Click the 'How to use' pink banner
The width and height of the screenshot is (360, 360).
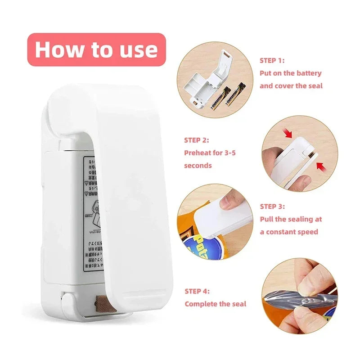click(x=96, y=49)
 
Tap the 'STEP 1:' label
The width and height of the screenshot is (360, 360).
click(x=272, y=60)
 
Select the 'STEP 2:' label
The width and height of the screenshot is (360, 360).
click(x=196, y=140)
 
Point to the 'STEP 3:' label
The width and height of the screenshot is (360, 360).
click(x=272, y=206)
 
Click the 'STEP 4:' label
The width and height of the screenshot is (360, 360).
click(x=197, y=291)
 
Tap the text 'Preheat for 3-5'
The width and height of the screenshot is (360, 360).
click(x=210, y=153)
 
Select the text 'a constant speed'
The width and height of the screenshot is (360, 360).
click(x=289, y=232)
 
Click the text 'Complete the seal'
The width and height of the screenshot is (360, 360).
click(x=216, y=304)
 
